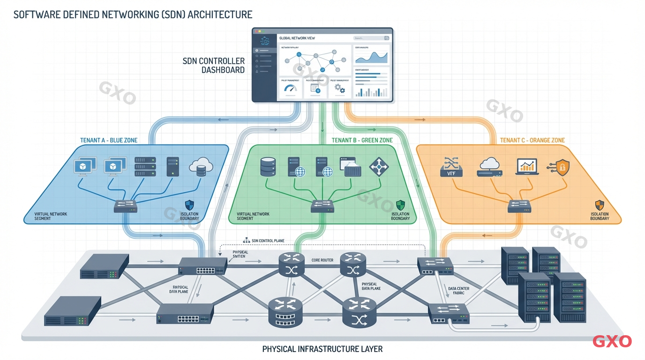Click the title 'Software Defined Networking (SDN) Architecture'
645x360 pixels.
click(x=133, y=15)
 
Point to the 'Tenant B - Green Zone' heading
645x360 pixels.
click(x=362, y=140)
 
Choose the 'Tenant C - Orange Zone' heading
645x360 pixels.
click(x=532, y=140)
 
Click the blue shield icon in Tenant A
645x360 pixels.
click(x=189, y=205)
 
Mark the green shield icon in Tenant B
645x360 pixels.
click(x=400, y=205)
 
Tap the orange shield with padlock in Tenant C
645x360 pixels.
click(x=562, y=167)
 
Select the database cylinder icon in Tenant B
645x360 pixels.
click(x=268, y=166)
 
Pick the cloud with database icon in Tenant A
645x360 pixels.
click(x=201, y=167)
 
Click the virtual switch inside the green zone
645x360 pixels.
click(x=322, y=206)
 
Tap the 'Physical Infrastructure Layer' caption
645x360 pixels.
click(x=322, y=349)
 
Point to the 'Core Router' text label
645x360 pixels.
click(x=322, y=260)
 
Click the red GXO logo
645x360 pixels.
click(x=612, y=341)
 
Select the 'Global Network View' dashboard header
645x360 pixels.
click(x=297, y=38)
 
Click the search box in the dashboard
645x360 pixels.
click(x=371, y=38)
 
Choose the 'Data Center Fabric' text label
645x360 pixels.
click(x=458, y=291)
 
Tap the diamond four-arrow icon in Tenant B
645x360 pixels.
click(x=379, y=166)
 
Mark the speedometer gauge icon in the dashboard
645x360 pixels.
click(x=291, y=89)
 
